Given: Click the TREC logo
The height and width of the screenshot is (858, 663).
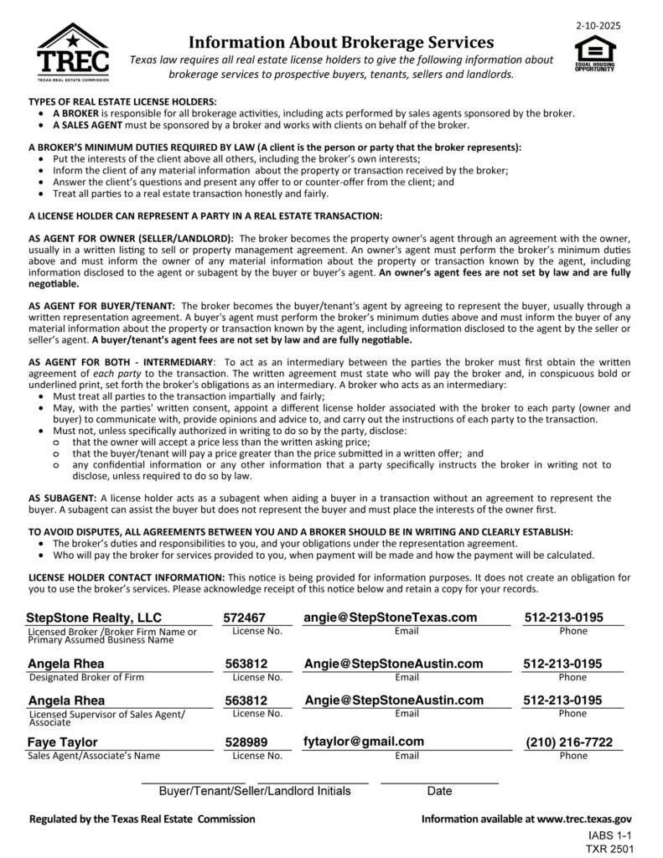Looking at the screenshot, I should pyautogui.click(x=74, y=52).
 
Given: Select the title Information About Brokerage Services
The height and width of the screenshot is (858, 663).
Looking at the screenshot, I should pyautogui.click(x=340, y=41).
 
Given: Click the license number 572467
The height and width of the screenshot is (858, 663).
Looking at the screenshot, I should pyautogui.click(x=245, y=618).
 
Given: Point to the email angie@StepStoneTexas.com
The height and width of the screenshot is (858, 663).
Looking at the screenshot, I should pyautogui.click(x=391, y=618).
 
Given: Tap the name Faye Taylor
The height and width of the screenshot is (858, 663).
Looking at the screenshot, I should pyautogui.click(x=63, y=742).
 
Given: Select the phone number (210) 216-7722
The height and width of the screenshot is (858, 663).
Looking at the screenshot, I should pyautogui.click(x=569, y=742).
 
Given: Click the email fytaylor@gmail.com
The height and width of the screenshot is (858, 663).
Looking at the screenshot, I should pyautogui.click(x=364, y=741).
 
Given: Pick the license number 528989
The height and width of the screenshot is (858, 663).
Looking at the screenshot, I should pyautogui.click(x=246, y=742).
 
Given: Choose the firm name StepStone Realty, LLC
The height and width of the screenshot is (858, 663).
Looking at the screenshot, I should pyautogui.click(x=94, y=618).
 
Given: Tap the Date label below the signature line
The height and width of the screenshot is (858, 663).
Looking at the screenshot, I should pyautogui.click(x=439, y=790).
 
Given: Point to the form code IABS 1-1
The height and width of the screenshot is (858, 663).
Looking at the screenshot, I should pyautogui.click(x=608, y=835).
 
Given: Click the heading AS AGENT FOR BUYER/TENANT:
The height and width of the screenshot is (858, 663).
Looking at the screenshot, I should pyautogui.click(x=102, y=307).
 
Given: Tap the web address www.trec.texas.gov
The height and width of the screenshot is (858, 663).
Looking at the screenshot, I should pyautogui.click(x=583, y=819).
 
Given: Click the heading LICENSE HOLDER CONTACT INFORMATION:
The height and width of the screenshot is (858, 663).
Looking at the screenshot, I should pyautogui.click(x=127, y=578).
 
